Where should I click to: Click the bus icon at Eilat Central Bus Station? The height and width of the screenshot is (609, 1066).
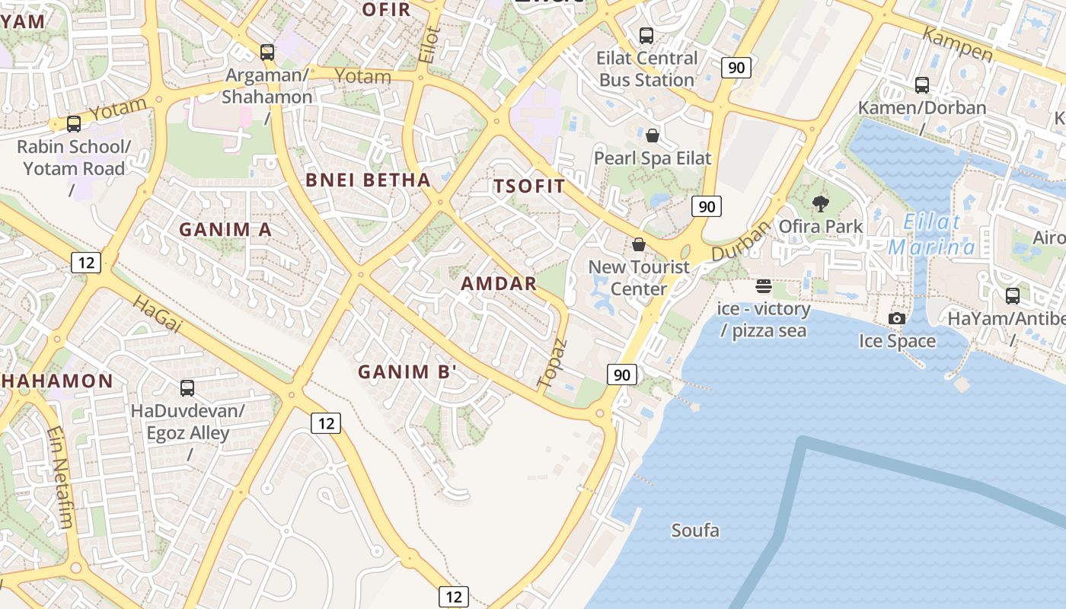646,35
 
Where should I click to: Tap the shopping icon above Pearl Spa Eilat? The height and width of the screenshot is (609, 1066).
653,136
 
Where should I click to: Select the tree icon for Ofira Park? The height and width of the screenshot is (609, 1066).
820,203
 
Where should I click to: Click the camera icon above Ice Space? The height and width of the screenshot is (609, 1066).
897,318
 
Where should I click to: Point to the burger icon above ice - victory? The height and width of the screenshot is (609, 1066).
764,286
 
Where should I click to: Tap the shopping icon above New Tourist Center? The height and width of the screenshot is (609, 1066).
639,244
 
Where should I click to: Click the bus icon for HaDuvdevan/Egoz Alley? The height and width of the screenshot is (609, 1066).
187,388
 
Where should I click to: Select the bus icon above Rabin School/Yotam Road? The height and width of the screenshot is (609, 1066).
74,123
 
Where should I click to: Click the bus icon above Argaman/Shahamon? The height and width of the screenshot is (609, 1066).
266,53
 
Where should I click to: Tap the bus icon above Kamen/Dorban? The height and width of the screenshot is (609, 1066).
921,85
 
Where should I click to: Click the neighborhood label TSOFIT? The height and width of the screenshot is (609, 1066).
529,186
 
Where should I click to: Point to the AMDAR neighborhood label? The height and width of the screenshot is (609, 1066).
499,284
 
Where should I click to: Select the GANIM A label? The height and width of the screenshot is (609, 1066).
225,229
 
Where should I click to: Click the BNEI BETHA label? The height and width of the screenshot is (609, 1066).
368,180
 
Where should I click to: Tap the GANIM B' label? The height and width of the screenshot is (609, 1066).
407,372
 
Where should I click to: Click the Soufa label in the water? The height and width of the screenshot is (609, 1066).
694,531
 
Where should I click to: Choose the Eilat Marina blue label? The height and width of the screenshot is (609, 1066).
932,234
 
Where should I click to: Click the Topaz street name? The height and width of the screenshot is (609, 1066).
553,363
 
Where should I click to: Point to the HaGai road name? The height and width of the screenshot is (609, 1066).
158,314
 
